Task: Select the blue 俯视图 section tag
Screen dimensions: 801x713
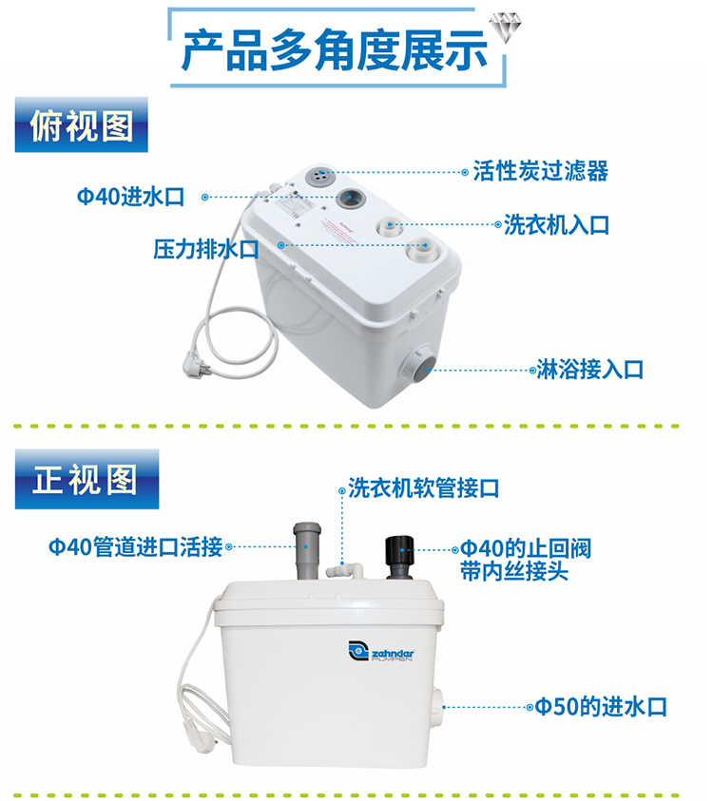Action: tap(83, 126)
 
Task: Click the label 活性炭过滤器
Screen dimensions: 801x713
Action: tap(540, 172)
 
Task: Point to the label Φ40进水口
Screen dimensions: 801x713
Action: tap(130, 197)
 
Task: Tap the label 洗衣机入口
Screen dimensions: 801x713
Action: tap(556, 225)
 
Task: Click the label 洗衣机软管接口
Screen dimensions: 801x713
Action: tap(422, 488)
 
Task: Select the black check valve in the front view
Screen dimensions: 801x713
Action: tap(397, 557)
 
